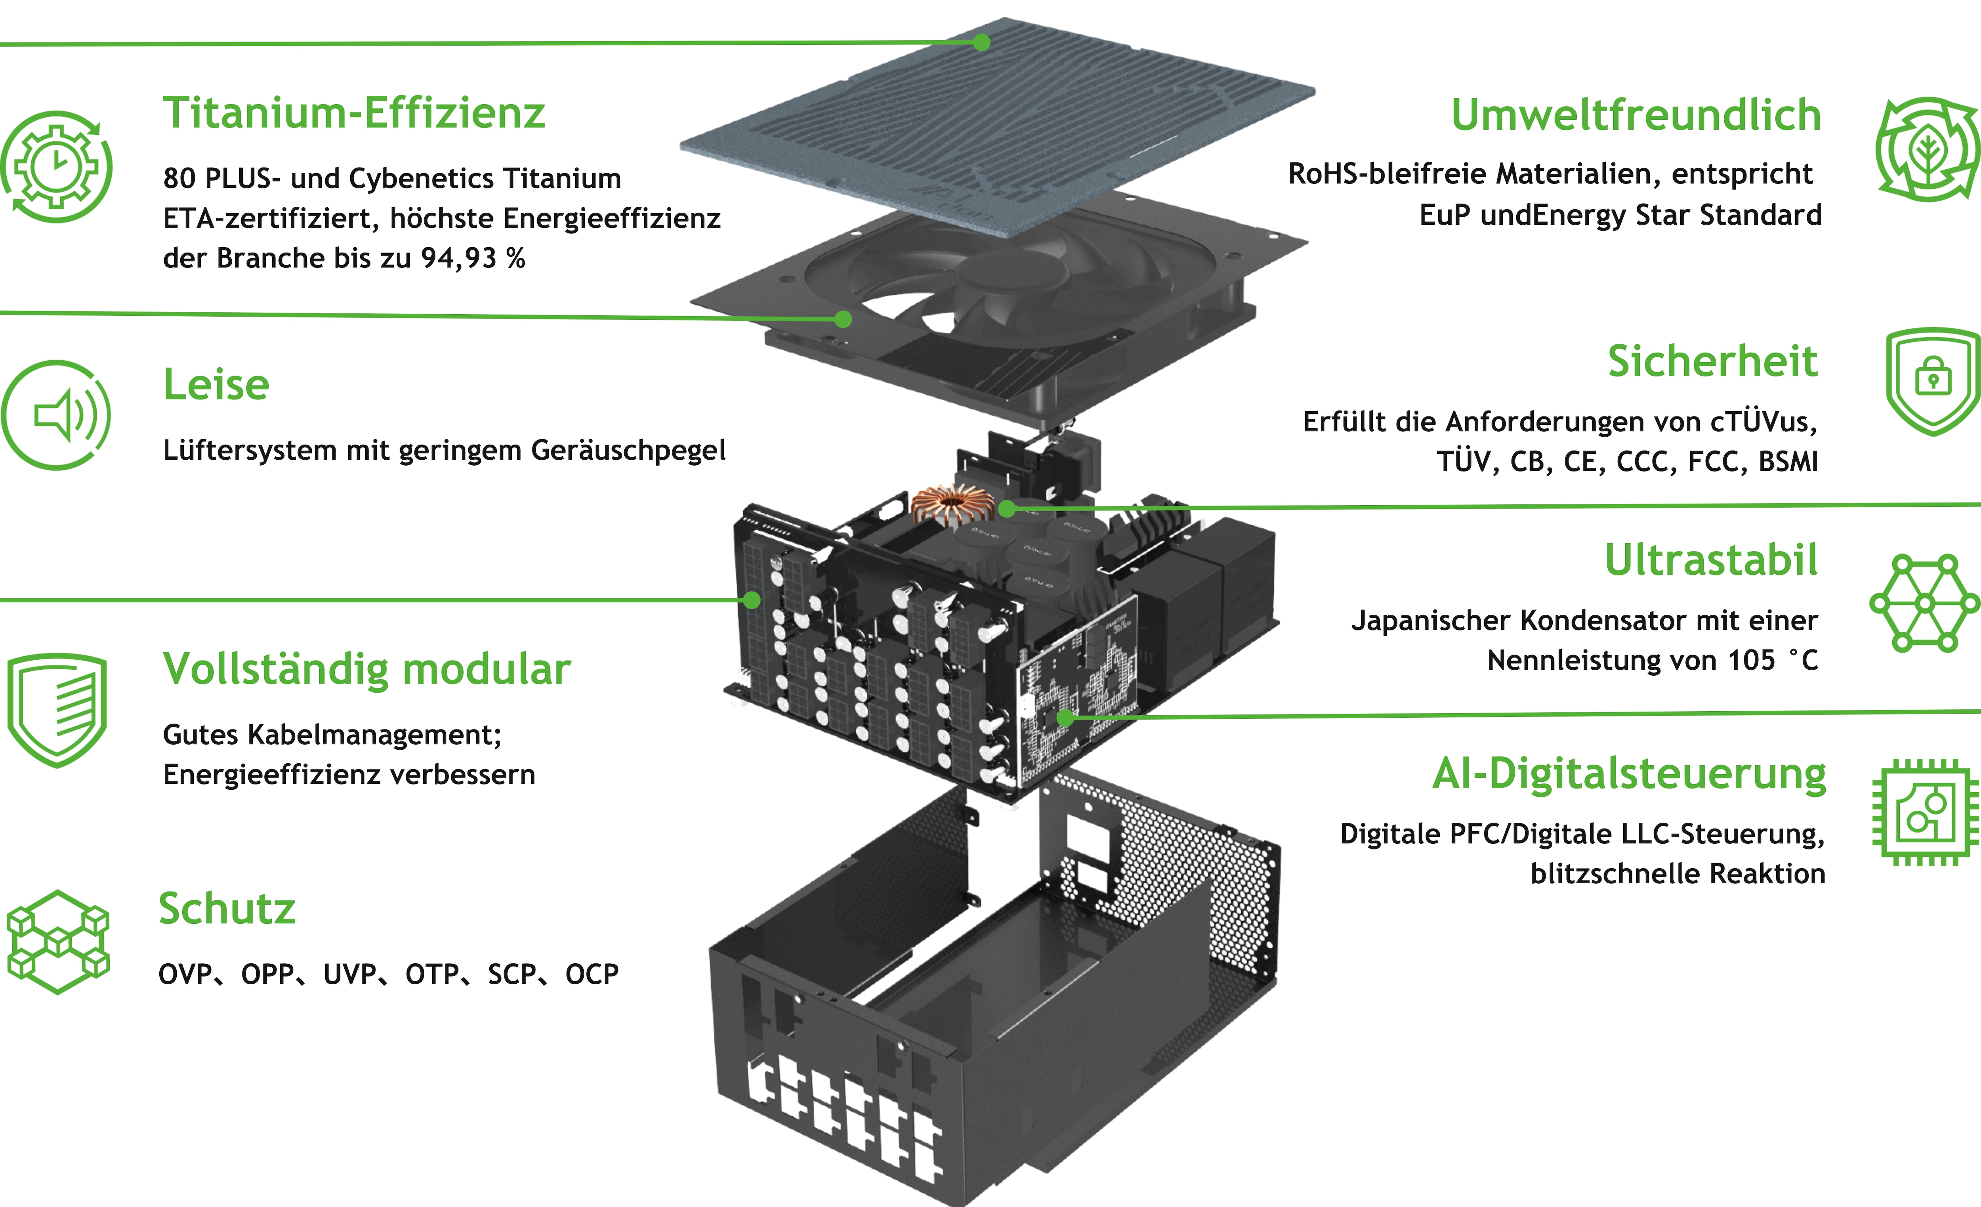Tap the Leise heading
coord(216,384)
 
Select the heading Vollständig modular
coord(366,669)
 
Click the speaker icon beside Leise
coord(56,415)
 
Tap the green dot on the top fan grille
coord(981,42)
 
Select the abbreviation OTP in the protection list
coord(430,974)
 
